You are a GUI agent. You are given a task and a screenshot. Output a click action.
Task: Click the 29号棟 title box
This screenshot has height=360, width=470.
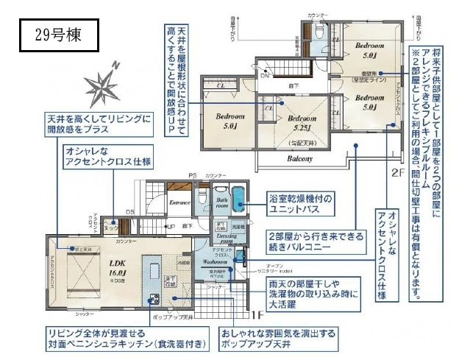click(x=56, y=34)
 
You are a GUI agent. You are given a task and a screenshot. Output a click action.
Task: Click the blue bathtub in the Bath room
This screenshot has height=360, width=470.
click(x=223, y=201)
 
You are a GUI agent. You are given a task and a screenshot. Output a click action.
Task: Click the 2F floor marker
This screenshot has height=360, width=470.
click(x=397, y=174)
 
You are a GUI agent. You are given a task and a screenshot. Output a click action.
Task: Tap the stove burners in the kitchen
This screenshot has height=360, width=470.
click(x=155, y=299)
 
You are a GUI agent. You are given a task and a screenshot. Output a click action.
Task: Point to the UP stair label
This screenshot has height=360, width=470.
click(x=171, y=226)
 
